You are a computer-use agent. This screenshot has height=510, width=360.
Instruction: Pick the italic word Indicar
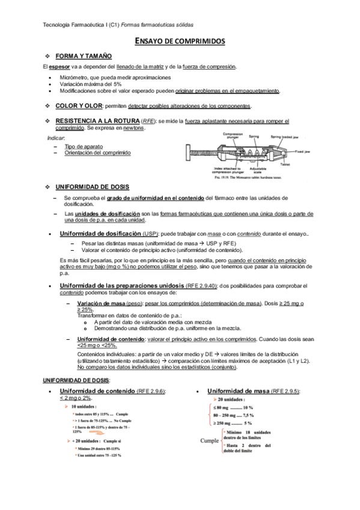56,139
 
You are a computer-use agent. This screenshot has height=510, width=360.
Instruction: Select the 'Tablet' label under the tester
285,164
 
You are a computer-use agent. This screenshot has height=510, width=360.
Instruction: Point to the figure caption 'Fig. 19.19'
214,178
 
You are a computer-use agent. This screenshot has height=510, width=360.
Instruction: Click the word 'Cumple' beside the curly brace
209,441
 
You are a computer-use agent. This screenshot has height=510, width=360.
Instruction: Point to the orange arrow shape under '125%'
67,442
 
